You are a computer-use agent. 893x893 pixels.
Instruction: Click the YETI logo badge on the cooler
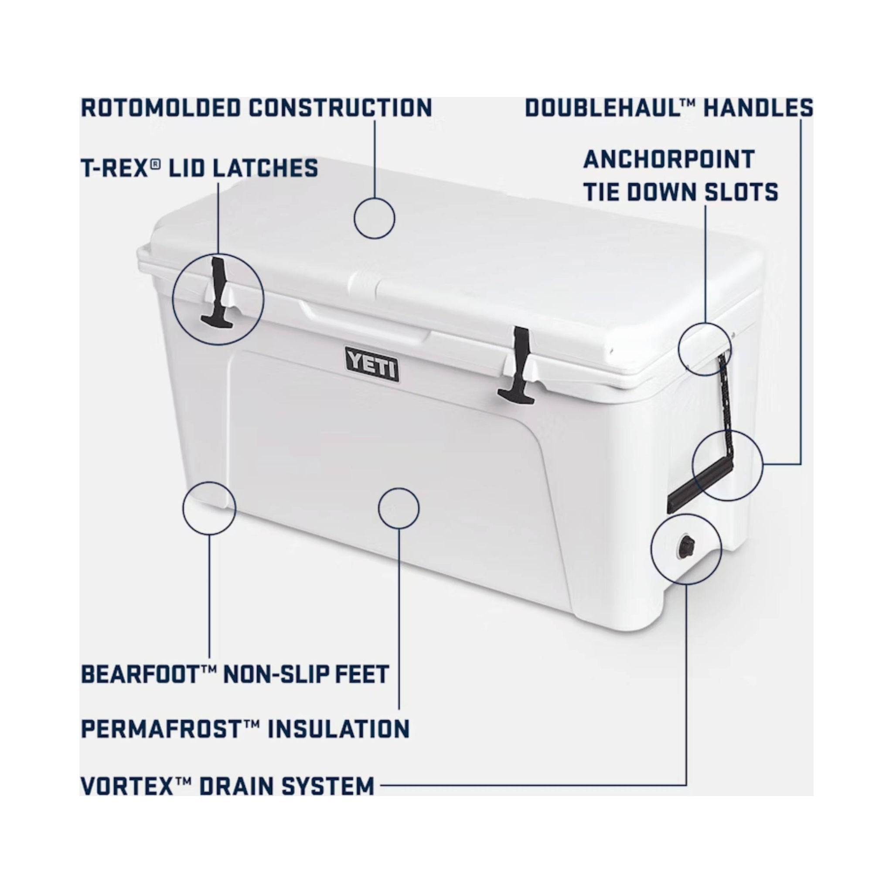[x=372, y=365]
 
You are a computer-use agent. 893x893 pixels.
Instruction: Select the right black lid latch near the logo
[x=519, y=365]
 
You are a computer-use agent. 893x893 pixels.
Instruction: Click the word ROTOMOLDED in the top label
[x=161, y=108]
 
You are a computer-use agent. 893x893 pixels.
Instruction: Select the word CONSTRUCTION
[x=340, y=108]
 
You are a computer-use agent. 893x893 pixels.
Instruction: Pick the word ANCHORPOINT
[x=668, y=160]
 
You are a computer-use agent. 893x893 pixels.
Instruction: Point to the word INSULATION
[x=339, y=729]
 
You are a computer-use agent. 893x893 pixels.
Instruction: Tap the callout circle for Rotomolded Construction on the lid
[x=375, y=218]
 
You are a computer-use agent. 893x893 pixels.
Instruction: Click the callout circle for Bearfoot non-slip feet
[x=209, y=508]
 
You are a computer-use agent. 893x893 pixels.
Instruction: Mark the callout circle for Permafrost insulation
[x=399, y=508]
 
